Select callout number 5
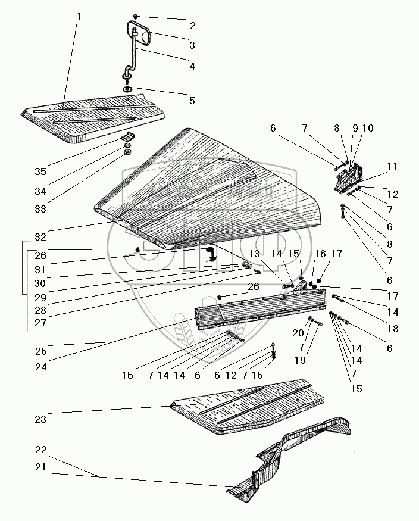click(192, 101)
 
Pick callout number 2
click(192, 26)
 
